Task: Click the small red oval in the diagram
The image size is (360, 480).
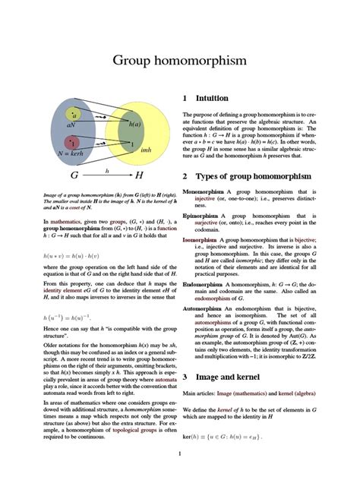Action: (73, 141)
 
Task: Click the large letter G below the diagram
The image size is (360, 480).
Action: (74, 176)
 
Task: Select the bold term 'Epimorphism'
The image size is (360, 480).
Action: (202, 216)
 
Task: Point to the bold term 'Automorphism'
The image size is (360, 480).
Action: (204, 310)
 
